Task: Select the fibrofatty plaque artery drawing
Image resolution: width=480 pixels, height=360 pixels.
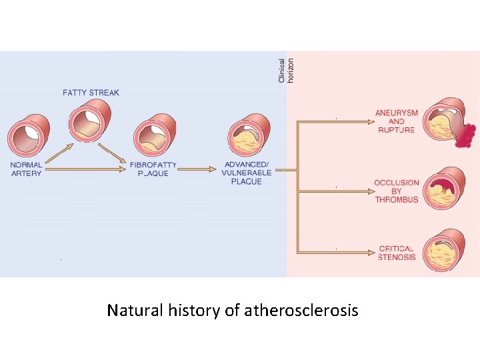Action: pyautogui.click(x=155, y=137)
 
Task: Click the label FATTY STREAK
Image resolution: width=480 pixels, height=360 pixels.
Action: pyautogui.click(x=91, y=93)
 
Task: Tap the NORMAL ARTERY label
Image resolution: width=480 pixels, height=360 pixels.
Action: pyautogui.click(x=27, y=169)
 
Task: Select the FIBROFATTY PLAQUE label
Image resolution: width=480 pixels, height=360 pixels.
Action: pyautogui.click(x=153, y=169)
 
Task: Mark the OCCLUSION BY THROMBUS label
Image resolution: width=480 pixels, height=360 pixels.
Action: pyautogui.click(x=397, y=191)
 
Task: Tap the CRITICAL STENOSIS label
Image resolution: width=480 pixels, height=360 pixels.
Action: pyautogui.click(x=397, y=253)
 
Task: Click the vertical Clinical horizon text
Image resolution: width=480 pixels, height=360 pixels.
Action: pyautogui.click(x=285, y=69)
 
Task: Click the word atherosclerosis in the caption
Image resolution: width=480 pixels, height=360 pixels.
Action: pyautogui.click(x=301, y=311)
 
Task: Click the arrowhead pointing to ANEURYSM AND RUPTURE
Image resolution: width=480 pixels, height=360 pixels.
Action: pyautogui.click(x=369, y=122)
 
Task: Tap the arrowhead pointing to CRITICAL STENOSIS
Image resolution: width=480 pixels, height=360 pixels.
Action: pyautogui.click(x=369, y=252)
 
